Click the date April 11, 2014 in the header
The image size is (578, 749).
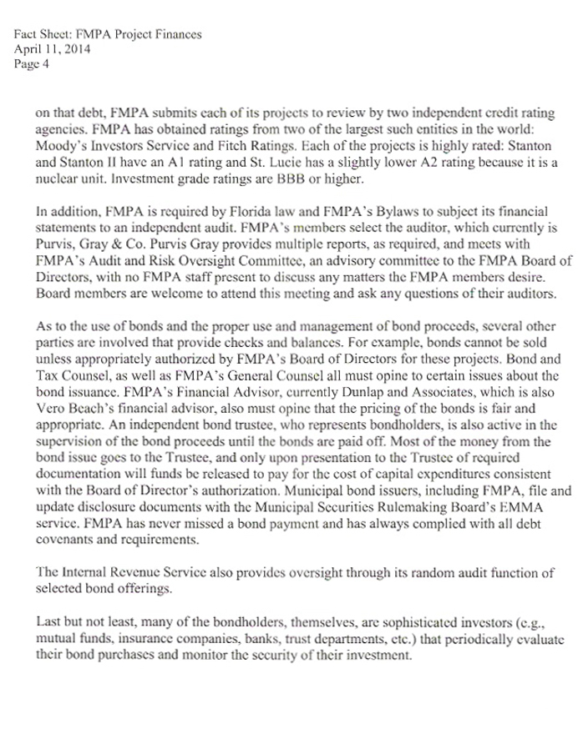tap(53, 48)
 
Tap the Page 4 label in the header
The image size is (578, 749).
tap(33, 62)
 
